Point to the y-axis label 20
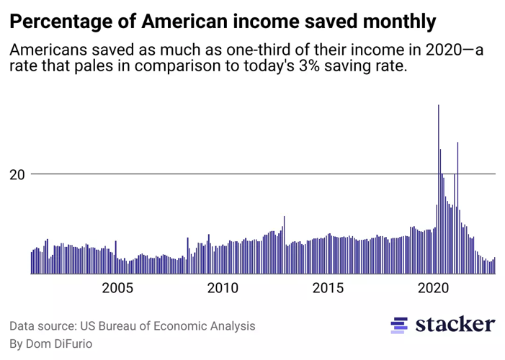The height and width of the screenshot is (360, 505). (17, 174)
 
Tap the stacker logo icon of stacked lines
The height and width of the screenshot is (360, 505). (398, 325)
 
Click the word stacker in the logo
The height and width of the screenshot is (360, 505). (455, 325)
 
